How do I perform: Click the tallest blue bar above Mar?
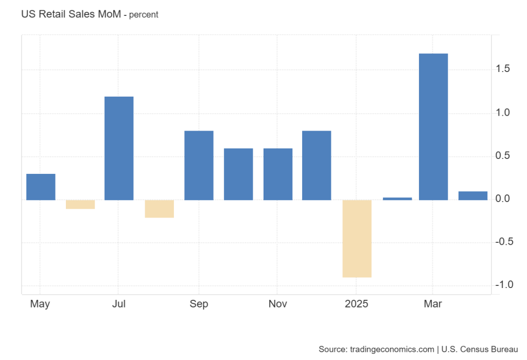point(433,127)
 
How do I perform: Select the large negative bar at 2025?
point(357,239)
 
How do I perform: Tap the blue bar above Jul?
point(119,148)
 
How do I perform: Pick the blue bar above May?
point(41,187)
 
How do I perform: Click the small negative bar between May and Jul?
point(80,204)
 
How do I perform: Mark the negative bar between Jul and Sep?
point(159,209)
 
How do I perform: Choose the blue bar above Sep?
point(199,165)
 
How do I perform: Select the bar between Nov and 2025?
point(317,165)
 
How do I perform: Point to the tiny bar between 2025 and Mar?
point(397,199)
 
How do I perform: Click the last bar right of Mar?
point(472,195)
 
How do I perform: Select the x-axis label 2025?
point(357,304)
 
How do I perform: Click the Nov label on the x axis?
point(278,304)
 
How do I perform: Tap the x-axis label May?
point(40,304)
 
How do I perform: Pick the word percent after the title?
point(144,15)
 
